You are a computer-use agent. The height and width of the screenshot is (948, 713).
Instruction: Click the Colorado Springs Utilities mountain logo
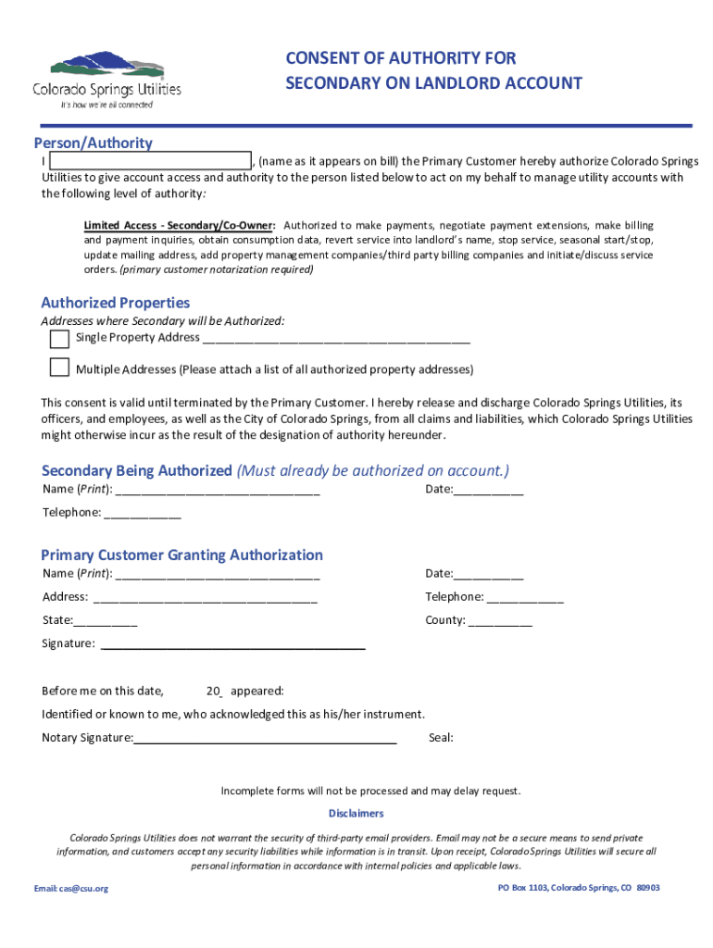107,68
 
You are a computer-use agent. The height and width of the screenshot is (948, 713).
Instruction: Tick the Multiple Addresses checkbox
59,368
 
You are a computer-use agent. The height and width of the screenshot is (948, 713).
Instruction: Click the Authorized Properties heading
115,303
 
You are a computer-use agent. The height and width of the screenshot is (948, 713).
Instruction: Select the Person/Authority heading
93,143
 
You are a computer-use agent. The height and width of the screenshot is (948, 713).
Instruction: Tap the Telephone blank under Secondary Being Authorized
143,513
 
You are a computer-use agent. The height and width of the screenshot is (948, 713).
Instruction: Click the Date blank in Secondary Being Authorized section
488,490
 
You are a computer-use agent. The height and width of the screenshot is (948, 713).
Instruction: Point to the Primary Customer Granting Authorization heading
181,555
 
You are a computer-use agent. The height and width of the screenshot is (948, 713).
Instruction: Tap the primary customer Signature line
231,644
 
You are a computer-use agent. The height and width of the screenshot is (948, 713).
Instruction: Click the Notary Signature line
265,739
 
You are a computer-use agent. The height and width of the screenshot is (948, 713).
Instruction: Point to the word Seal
441,739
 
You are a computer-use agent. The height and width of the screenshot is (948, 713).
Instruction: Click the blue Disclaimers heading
356,813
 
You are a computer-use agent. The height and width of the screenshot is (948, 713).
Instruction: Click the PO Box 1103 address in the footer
579,888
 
